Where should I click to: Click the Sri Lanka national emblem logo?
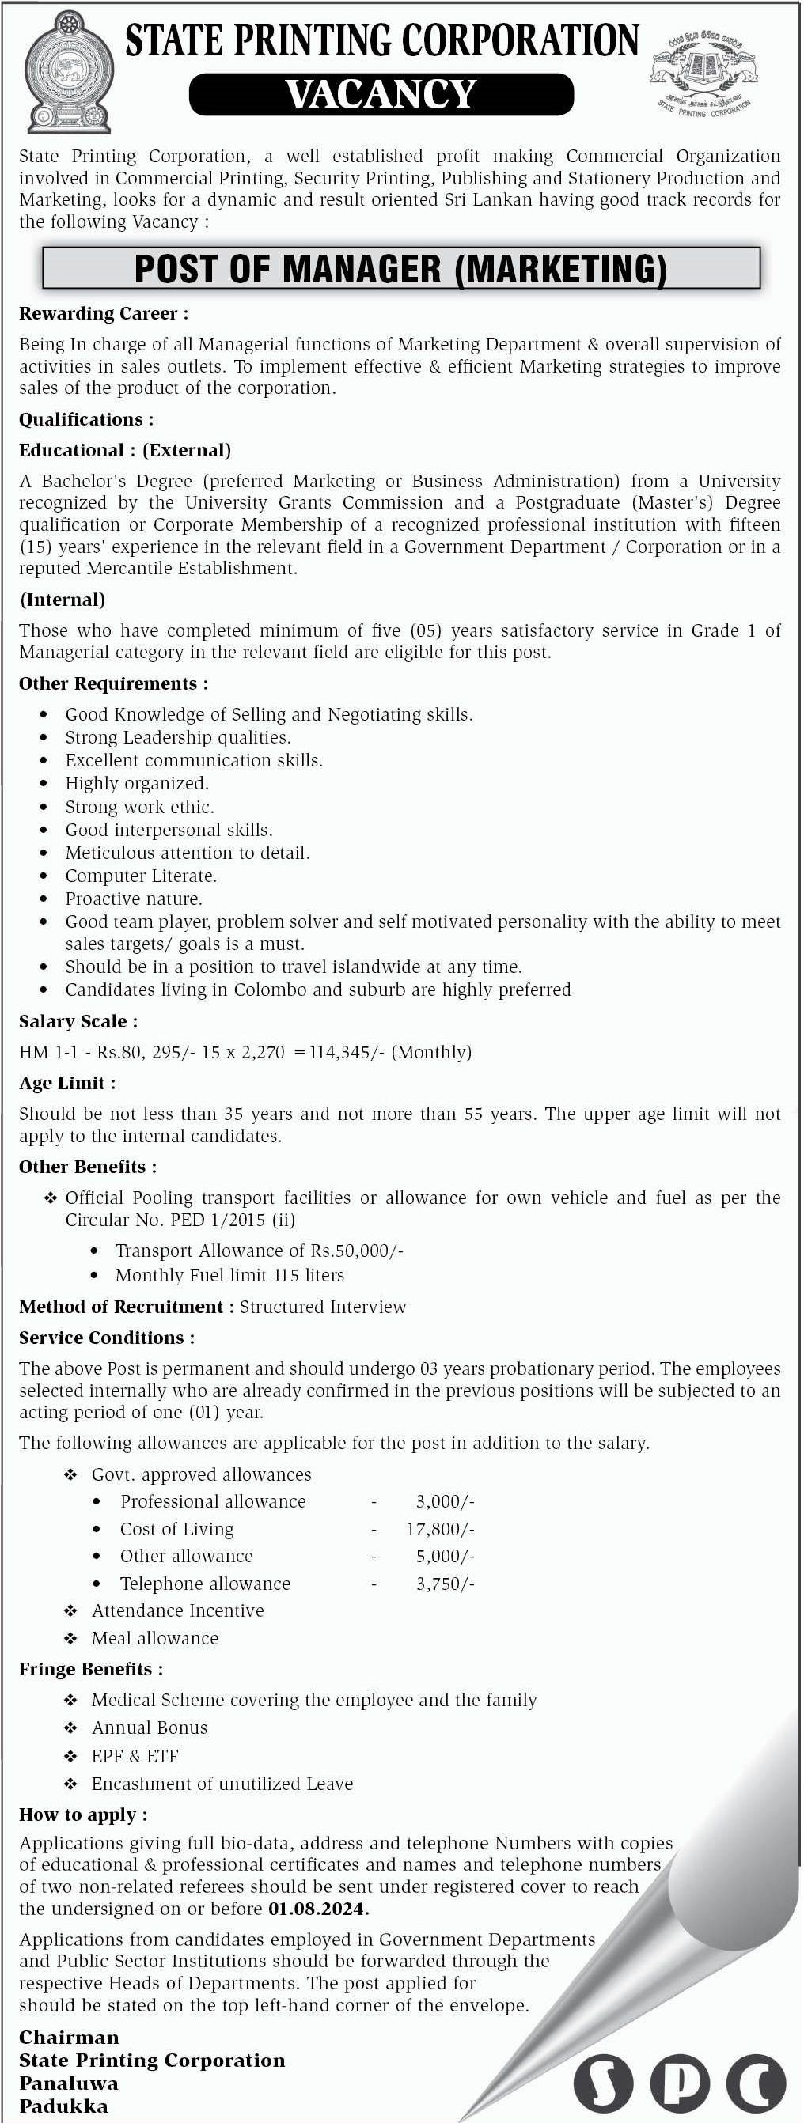point(66,72)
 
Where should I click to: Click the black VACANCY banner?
point(381,94)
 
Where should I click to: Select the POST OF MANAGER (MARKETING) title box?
point(400,269)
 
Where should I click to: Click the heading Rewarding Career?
point(103,313)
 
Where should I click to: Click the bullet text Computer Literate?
point(141,876)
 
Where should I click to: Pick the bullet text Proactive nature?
point(134,899)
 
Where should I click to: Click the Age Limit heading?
point(66,1083)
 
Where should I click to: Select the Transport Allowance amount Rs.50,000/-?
point(357,1251)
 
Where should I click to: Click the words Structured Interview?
point(322,1306)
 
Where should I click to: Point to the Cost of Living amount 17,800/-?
point(440,1529)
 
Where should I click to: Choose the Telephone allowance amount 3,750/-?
point(446,1584)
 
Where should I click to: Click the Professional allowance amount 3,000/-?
point(446,1501)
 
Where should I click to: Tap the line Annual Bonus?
point(150,1728)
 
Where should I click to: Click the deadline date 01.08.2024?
point(318,1909)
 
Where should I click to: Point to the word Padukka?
point(63,2106)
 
